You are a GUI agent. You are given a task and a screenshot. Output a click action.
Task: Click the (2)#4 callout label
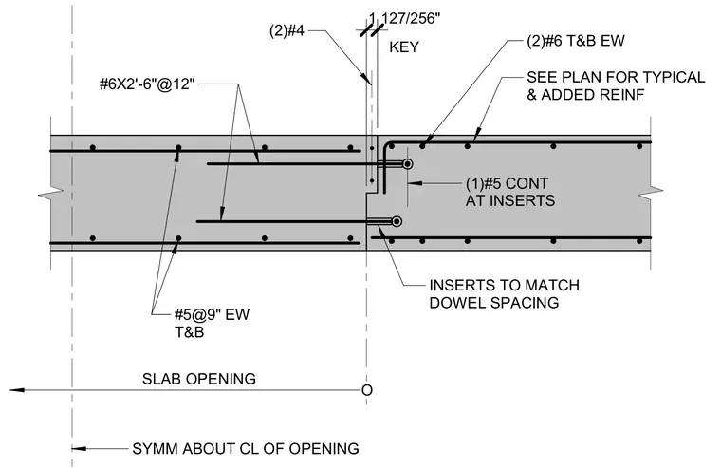[x=287, y=30]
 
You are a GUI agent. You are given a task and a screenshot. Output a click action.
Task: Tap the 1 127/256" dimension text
[x=405, y=18]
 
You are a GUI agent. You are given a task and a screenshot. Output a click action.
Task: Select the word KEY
[x=404, y=47]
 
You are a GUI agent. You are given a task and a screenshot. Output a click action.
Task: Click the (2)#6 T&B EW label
[x=576, y=41]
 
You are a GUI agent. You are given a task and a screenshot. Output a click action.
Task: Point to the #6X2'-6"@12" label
[x=147, y=84]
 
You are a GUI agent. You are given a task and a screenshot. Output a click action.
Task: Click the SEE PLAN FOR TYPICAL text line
[x=616, y=77]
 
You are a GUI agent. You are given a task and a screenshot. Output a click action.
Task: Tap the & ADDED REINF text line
[x=585, y=94]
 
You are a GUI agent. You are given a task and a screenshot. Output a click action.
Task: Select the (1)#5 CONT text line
[x=507, y=183]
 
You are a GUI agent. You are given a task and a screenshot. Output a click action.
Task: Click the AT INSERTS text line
[x=510, y=200]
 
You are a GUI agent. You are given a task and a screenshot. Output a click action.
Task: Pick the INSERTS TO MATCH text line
[x=504, y=286]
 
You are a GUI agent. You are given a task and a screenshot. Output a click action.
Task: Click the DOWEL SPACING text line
[x=494, y=303]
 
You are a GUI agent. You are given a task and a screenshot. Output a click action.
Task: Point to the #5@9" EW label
[x=212, y=315]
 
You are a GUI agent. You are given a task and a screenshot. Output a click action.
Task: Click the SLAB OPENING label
[x=199, y=379]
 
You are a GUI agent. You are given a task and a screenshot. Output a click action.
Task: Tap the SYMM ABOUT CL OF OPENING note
[x=246, y=449]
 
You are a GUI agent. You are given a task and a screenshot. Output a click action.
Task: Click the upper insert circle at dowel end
[x=407, y=164]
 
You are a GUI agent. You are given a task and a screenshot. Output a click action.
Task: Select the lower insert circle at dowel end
[x=397, y=222]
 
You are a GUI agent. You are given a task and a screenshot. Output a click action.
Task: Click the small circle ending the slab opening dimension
[x=367, y=390]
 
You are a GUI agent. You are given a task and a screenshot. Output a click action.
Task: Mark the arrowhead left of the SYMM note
[x=79, y=449]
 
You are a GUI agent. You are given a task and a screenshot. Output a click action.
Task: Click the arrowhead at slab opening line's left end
[x=17, y=390]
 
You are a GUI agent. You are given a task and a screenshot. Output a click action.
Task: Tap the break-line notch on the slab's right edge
[x=651, y=190]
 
